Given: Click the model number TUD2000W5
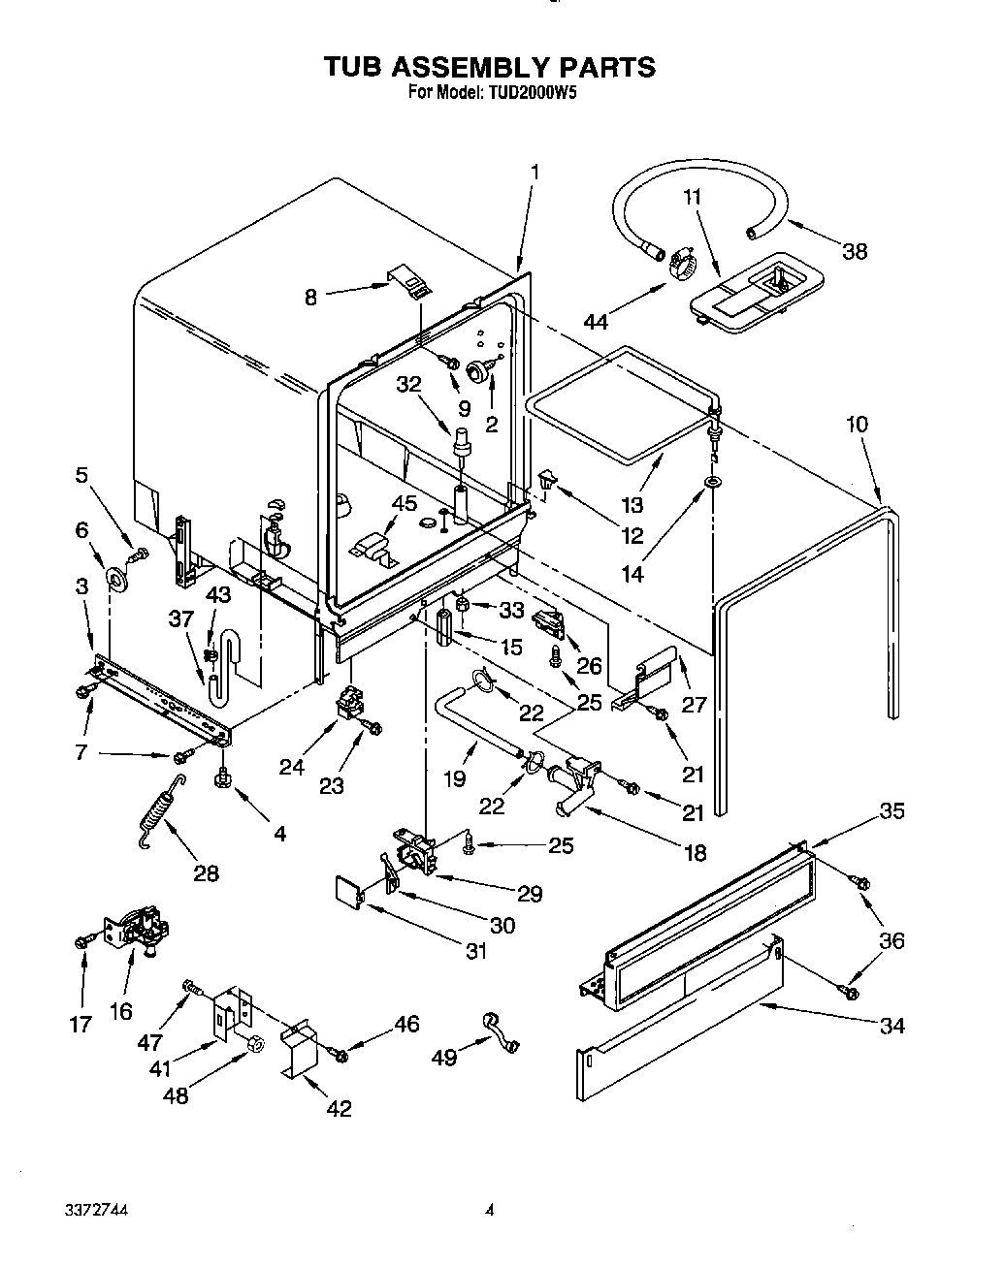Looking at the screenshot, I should click(x=534, y=93).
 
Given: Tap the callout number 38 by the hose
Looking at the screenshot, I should click(x=854, y=251).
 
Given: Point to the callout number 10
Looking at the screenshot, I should click(x=856, y=424).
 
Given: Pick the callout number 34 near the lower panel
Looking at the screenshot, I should click(x=891, y=1025).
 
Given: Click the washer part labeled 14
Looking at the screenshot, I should click(x=713, y=482).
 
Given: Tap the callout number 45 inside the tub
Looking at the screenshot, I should click(x=404, y=503).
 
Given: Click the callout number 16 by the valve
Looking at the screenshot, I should click(x=120, y=1011).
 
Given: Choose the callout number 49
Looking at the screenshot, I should click(x=444, y=1058).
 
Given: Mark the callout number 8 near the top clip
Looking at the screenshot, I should click(x=310, y=298).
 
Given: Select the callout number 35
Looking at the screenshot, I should click(x=891, y=810).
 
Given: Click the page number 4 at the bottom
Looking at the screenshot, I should click(x=490, y=1210).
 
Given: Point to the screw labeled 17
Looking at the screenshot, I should click(x=82, y=940).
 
